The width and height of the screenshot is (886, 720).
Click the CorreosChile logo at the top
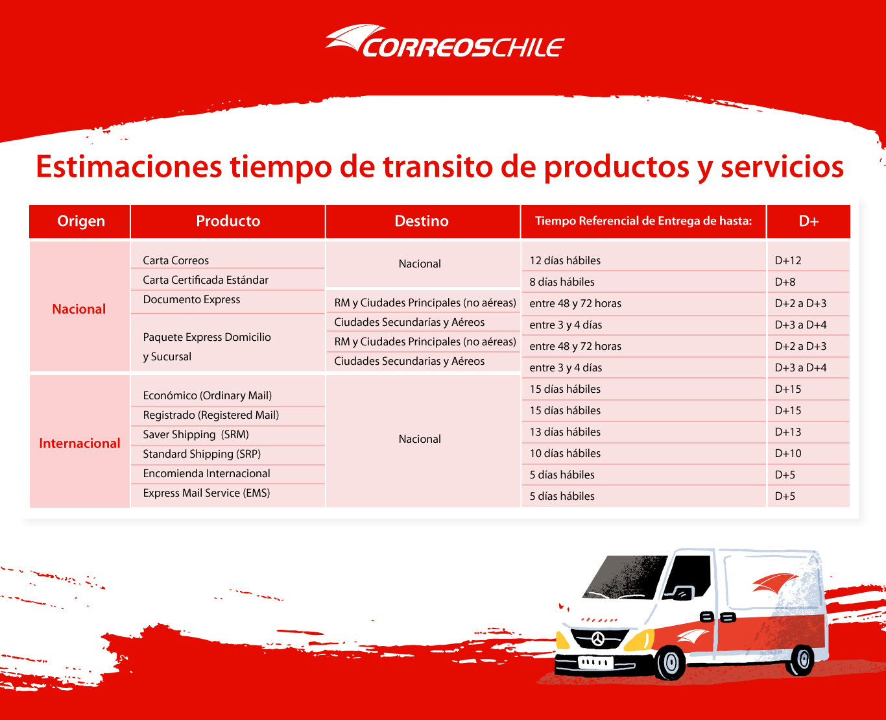(x=445, y=41)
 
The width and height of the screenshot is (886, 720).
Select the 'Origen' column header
(x=81, y=221)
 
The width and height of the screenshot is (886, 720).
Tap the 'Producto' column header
(x=228, y=221)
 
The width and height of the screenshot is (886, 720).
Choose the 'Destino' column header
(x=422, y=221)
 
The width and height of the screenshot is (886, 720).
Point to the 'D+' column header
(x=808, y=221)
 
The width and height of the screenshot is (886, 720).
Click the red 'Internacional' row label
(x=79, y=443)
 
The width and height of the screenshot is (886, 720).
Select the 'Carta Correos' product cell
(x=176, y=260)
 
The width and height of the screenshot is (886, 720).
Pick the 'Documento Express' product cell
(x=191, y=299)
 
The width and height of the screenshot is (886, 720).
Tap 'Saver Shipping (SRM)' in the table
(x=196, y=434)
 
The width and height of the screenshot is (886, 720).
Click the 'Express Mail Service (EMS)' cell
(x=206, y=493)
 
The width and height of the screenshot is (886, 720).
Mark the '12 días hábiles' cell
(x=565, y=260)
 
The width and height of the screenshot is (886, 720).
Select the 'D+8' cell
(x=785, y=282)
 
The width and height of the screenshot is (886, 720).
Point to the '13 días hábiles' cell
(x=565, y=432)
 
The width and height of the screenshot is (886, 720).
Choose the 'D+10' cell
(x=788, y=453)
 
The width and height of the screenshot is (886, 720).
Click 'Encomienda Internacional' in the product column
(x=206, y=473)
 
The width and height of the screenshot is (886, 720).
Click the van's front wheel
(x=671, y=662)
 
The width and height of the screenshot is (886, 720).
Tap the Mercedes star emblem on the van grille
(x=598, y=638)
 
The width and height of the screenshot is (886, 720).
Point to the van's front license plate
(x=595, y=662)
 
